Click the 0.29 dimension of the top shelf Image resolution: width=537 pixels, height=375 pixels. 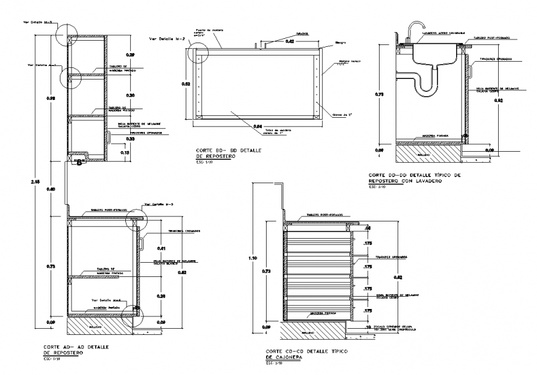tap(130, 56)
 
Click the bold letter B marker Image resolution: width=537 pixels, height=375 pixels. tap(78, 163)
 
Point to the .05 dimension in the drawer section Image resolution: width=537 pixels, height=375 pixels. tap(368, 228)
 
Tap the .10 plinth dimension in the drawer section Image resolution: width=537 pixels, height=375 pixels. tap(368, 327)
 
